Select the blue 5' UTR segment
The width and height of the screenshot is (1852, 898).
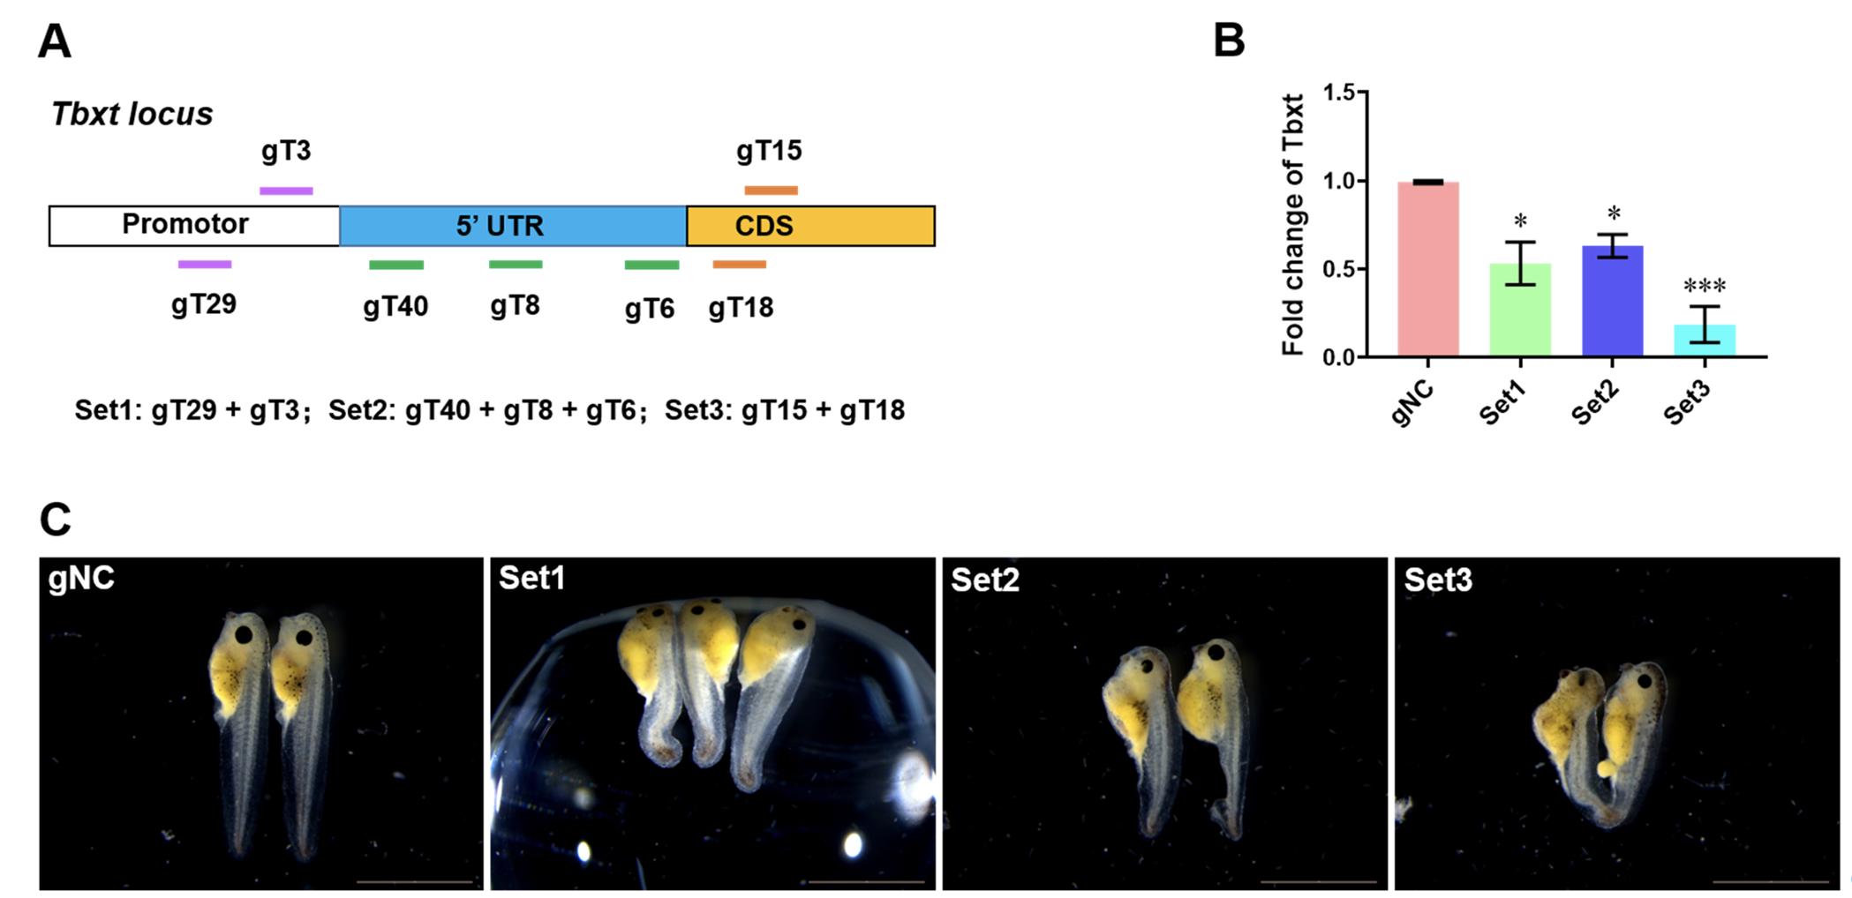pyautogui.click(x=512, y=226)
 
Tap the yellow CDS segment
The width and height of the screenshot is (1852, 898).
pyautogui.click(x=810, y=226)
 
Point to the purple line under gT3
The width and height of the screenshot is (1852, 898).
pyautogui.click(x=286, y=191)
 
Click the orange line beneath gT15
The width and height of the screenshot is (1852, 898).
pyautogui.click(x=771, y=191)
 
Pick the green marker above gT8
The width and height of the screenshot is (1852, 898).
pyautogui.click(x=516, y=265)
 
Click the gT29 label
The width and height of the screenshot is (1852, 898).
pyautogui.click(x=204, y=304)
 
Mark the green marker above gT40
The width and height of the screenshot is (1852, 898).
pyautogui.click(x=396, y=265)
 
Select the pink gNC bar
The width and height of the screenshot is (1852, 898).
pyautogui.click(x=1427, y=269)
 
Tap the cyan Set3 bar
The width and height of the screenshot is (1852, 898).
pyautogui.click(x=1705, y=340)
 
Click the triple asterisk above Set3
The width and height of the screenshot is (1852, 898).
pyautogui.click(x=1705, y=286)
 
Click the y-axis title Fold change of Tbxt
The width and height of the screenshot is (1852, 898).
pyautogui.click(x=1293, y=225)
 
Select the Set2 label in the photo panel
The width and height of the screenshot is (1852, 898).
pyautogui.click(x=984, y=580)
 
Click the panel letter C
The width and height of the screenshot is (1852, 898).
pyautogui.click(x=55, y=520)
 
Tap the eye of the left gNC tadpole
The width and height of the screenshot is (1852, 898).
pyautogui.click(x=244, y=634)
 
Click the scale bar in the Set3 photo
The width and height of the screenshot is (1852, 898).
pyautogui.click(x=1770, y=881)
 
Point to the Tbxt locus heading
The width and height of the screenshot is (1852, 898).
pyautogui.click(x=132, y=114)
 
